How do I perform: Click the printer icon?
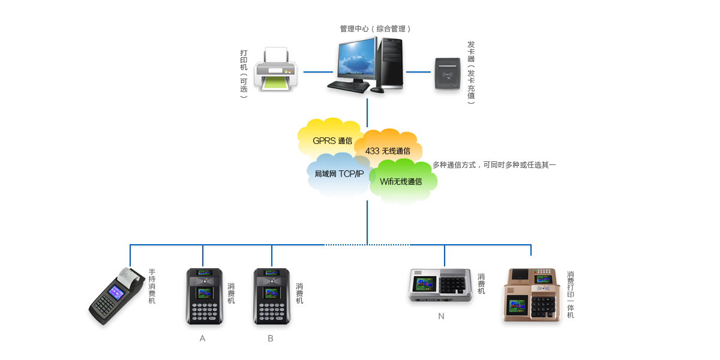coord(276,71)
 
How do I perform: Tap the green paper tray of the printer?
coord(276,85)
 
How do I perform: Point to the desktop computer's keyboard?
coord(348,86)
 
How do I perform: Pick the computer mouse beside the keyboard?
coord(376,90)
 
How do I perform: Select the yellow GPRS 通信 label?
coord(332,141)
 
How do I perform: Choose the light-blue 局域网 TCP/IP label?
coord(338,175)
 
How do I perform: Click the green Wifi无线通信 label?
coord(401,182)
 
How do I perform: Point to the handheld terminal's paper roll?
coord(129,275)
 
